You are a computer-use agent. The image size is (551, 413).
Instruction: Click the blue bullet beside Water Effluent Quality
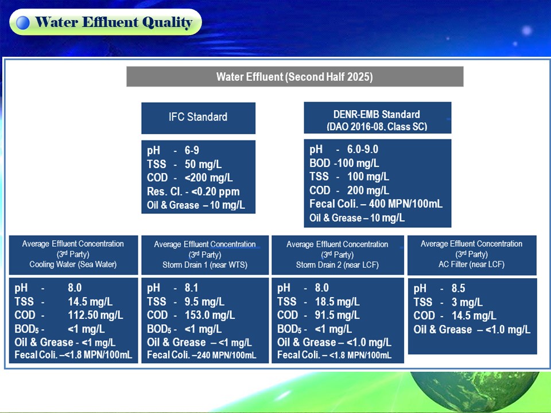click(x=23, y=22)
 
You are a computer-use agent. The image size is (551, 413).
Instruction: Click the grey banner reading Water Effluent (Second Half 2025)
click(x=295, y=76)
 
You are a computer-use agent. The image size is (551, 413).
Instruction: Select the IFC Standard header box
click(x=198, y=118)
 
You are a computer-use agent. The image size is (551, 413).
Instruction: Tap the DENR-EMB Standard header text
click(x=377, y=120)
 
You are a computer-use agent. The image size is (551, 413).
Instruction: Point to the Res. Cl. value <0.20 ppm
click(x=215, y=192)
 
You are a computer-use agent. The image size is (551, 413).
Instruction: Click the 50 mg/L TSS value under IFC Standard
click(x=203, y=164)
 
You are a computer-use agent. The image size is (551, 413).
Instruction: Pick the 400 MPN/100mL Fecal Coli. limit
click(x=406, y=204)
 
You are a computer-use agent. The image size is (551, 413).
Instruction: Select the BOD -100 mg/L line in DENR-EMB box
click(x=344, y=163)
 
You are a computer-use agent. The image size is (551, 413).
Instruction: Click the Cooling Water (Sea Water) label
click(x=73, y=264)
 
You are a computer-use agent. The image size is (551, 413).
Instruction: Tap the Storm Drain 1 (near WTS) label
click(x=205, y=265)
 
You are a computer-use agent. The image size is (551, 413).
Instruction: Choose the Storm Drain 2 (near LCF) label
click(x=337, y=265)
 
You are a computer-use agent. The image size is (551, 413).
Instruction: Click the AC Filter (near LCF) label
click(x=472, y=264)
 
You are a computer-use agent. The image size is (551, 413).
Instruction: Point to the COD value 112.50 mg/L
click(x=96, y=315)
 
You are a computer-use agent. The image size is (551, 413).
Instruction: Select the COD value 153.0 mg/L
click(x=210, y=315)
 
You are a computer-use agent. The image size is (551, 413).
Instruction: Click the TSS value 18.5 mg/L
click(x=337, y=302)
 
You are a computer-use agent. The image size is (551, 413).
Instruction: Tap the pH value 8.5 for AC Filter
click(x=458, y=289)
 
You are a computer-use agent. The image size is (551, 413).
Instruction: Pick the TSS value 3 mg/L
click(x=467, y=302)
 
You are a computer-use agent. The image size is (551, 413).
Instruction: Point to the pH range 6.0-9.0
click(x=363, y=149)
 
